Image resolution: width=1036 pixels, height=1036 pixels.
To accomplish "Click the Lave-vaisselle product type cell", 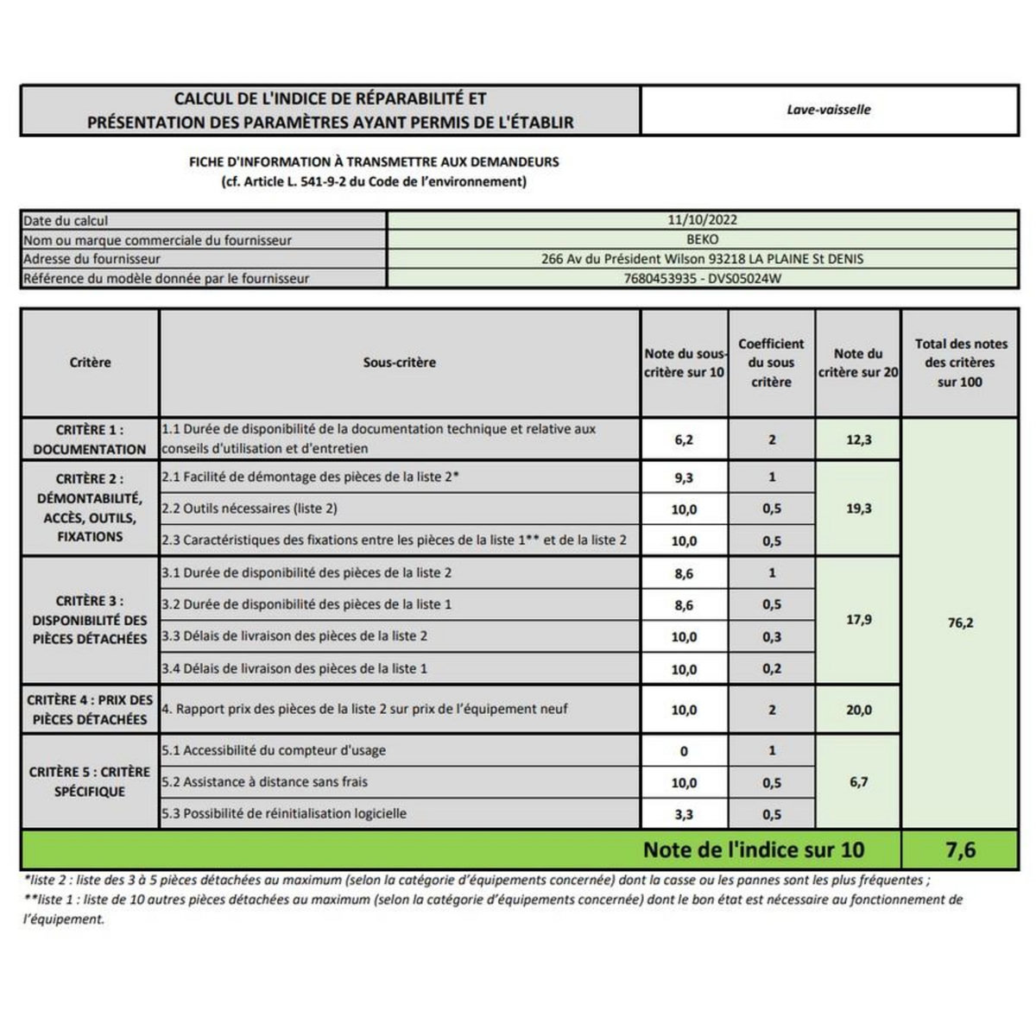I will (829, 110).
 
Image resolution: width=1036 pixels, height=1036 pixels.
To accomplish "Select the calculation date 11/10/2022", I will (702, 220).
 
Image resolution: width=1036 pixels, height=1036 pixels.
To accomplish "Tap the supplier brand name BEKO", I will (702, 239).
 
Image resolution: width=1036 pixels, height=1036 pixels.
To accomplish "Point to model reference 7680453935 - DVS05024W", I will (702, 278).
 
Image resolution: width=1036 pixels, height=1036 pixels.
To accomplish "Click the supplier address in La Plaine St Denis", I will (702, 258).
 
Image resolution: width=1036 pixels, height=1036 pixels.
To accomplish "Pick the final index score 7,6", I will (960, 850).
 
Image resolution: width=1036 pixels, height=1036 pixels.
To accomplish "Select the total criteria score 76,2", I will (960, 622).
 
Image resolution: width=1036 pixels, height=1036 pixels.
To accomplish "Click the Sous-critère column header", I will (399, 363).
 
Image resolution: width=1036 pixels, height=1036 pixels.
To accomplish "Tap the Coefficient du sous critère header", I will (771, 363).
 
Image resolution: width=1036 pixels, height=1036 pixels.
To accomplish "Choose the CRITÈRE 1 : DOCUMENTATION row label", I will (90, 439).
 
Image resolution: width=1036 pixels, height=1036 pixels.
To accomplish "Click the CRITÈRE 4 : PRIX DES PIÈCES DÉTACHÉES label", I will (90, 710).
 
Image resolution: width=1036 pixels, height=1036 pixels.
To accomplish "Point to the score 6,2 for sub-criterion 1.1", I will (684, 439).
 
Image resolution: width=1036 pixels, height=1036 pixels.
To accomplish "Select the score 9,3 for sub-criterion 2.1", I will (684, 477).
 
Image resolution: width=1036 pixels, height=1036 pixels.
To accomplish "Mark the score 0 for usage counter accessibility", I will (684, 751).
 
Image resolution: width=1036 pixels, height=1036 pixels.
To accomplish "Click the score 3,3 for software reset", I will (684, 814).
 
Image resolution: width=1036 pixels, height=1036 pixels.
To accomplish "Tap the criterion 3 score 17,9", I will (858, 620).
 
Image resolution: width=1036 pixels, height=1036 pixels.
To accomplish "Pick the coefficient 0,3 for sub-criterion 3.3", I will (772, 637).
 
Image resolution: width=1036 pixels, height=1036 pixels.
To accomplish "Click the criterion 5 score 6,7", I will (858, 782).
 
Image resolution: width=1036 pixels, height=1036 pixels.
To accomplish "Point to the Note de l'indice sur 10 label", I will (753, 850).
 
